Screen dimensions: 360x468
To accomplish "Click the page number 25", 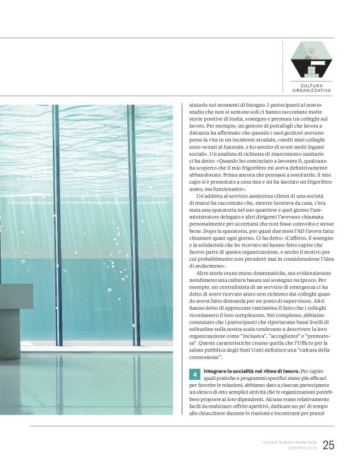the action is click(x=329, y=444).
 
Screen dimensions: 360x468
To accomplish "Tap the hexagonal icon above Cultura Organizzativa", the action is click(x=312, y=60).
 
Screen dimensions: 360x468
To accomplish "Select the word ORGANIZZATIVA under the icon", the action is click(x=312, y=91).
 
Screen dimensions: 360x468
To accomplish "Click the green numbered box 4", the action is click(x=194, y=375).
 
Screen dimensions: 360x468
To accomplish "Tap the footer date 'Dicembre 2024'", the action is click(x=300, y=448).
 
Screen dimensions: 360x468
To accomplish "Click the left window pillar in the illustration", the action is click(x=57, y=223).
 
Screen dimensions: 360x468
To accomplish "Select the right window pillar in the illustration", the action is click(x=133, y=223).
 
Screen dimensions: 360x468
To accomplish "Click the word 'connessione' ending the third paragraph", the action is click(x=205, y=358).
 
